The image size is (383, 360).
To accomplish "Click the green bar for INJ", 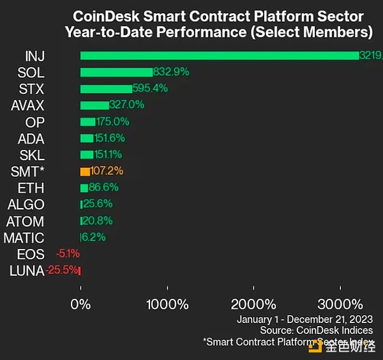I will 220,56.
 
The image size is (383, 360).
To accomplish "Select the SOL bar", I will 116,72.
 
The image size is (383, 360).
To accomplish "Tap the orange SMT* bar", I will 85,172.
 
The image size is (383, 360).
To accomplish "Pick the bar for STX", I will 106,89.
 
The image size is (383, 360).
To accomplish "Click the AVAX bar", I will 94,105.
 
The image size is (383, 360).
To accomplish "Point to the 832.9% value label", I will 171,72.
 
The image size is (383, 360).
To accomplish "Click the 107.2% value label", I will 107,172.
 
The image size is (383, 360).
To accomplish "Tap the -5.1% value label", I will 67,254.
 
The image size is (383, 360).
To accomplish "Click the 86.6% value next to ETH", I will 103,188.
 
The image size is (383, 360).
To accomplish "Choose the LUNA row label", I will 27,271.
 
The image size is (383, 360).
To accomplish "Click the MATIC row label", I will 24,238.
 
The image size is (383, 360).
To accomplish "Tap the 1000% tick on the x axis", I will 167,304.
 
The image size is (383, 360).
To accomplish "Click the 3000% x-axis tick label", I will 340,304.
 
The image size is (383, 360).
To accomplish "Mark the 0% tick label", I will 81,304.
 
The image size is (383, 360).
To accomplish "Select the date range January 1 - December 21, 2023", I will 304,319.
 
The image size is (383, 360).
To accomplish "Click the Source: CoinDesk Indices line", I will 316,331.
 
